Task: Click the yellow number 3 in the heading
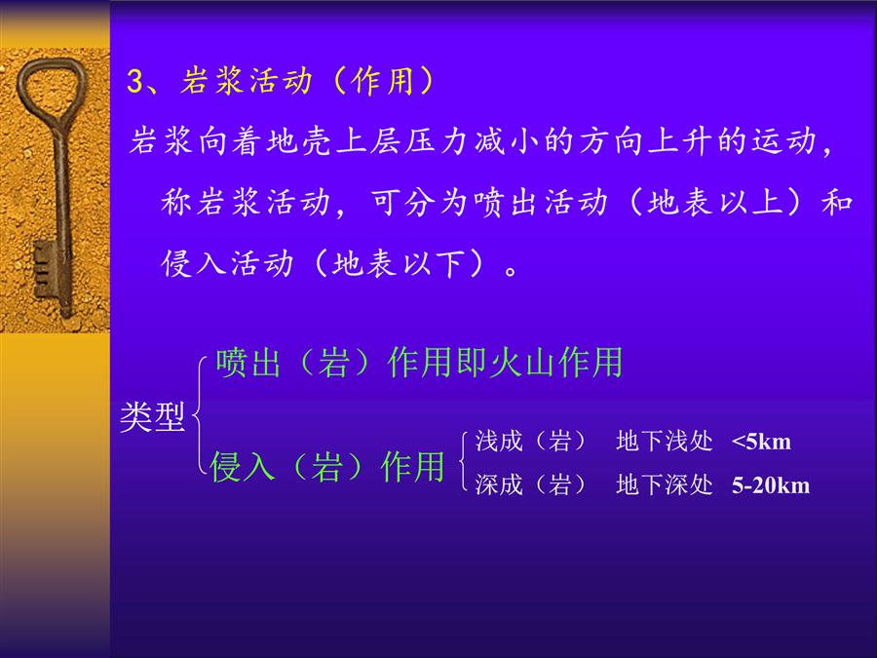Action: [x=134, y=81]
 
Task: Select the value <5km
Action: [x=761, y=442]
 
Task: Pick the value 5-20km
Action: [x=771, y=485]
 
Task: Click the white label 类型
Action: [x=152, y=417]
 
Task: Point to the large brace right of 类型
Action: [x=199, y=414]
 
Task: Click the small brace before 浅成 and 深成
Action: [x=463, y=462]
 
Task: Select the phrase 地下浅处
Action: [x=665, y=442]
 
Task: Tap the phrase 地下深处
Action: [x=665, y=484]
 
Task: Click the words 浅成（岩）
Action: [x=530, y=442]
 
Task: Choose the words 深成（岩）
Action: [x=530, y=484]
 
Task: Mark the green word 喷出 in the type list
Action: [x=248, y=363]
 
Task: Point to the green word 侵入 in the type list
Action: [x=243, y=467]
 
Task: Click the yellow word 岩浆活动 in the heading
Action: [x=247, y=81]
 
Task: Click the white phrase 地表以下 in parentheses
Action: [x=399, y=263]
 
